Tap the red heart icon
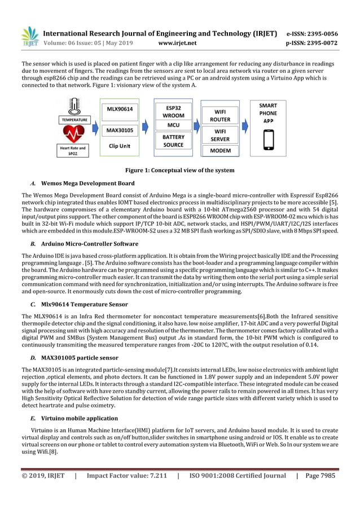tap(73, 134)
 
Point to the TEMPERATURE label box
tap(74, 120)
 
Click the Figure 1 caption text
tap(180, 170)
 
